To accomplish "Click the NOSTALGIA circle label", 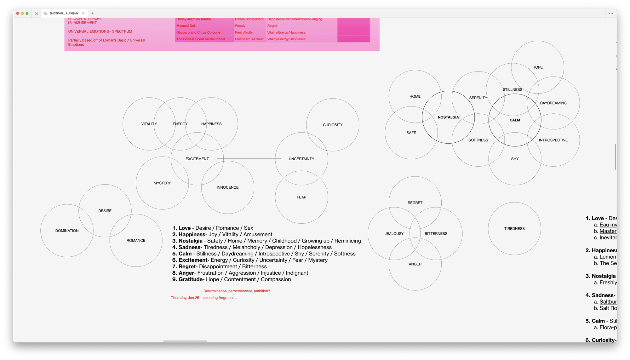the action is coord(448,117).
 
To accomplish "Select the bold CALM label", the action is coord(515,120).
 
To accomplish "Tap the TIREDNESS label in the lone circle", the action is coord(514,229).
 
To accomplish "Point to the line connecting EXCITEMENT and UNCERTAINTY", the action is coord(249,159).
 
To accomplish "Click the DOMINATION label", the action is coord(67,231).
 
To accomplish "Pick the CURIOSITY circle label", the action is coord(333,125).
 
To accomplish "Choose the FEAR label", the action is coord(301,197).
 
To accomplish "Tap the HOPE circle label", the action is coord(537,67).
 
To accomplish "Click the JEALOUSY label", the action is coord(394,234).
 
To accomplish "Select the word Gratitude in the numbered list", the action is coord(191,279).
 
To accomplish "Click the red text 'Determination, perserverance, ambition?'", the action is coord(237,291).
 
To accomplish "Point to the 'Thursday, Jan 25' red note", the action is coord(203,298).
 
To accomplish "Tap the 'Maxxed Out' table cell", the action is coord(186,26).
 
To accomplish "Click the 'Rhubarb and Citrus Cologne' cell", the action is coord(198,32).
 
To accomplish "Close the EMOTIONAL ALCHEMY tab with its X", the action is coord(83,13).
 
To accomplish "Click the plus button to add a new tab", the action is coord(93,13).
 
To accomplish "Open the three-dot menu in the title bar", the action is coord(611,13).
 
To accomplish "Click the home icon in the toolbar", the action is coord(37,13).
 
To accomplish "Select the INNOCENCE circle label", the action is coord(227,187).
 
